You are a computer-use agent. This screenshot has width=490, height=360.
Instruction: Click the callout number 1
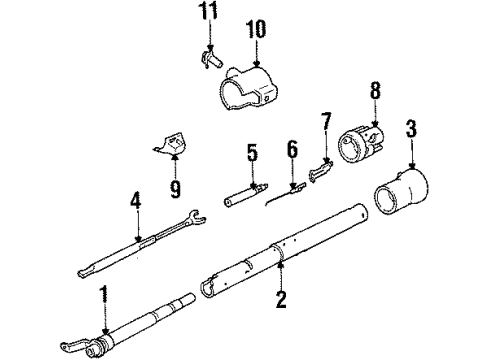(104, 295)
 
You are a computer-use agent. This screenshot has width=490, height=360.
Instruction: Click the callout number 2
(282, 299)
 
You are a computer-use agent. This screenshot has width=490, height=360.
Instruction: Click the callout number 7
(326, 123)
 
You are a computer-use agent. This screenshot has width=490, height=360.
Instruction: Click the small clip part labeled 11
(208, 57)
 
